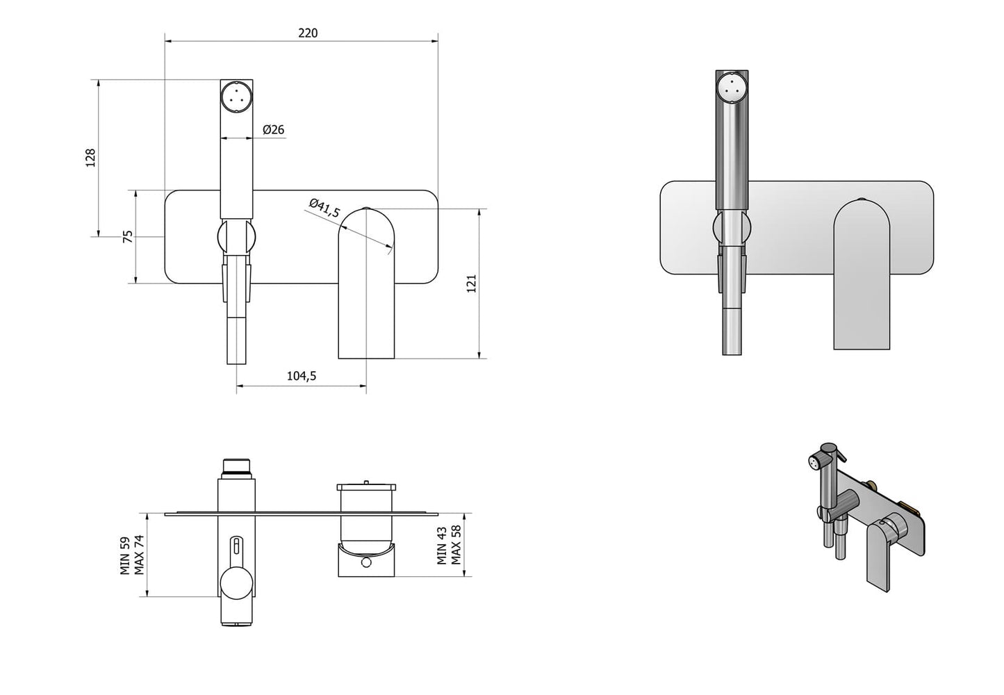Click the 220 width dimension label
308,33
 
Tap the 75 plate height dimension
127,236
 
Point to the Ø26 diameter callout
274,129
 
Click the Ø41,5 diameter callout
324,208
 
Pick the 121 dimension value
471,284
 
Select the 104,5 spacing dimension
302,376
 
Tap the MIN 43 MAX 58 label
449,545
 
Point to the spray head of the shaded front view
731,87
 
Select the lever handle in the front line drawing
366,285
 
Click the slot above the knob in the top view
236,546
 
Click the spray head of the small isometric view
814,461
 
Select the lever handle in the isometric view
880,556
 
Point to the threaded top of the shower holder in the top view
236,466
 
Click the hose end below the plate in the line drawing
236,341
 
